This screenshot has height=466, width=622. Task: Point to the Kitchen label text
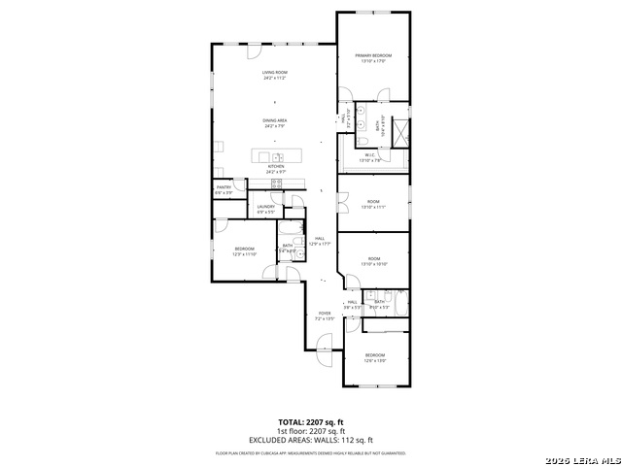275,169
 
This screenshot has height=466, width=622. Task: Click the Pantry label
224,189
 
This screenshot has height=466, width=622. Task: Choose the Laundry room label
265,208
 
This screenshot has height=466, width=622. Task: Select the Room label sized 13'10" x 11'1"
373,204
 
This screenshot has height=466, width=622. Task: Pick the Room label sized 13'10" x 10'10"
373,261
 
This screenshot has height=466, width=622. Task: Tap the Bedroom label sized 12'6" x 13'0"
375,357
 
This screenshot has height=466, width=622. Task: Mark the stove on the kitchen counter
276,183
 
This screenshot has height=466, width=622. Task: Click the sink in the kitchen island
277,156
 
